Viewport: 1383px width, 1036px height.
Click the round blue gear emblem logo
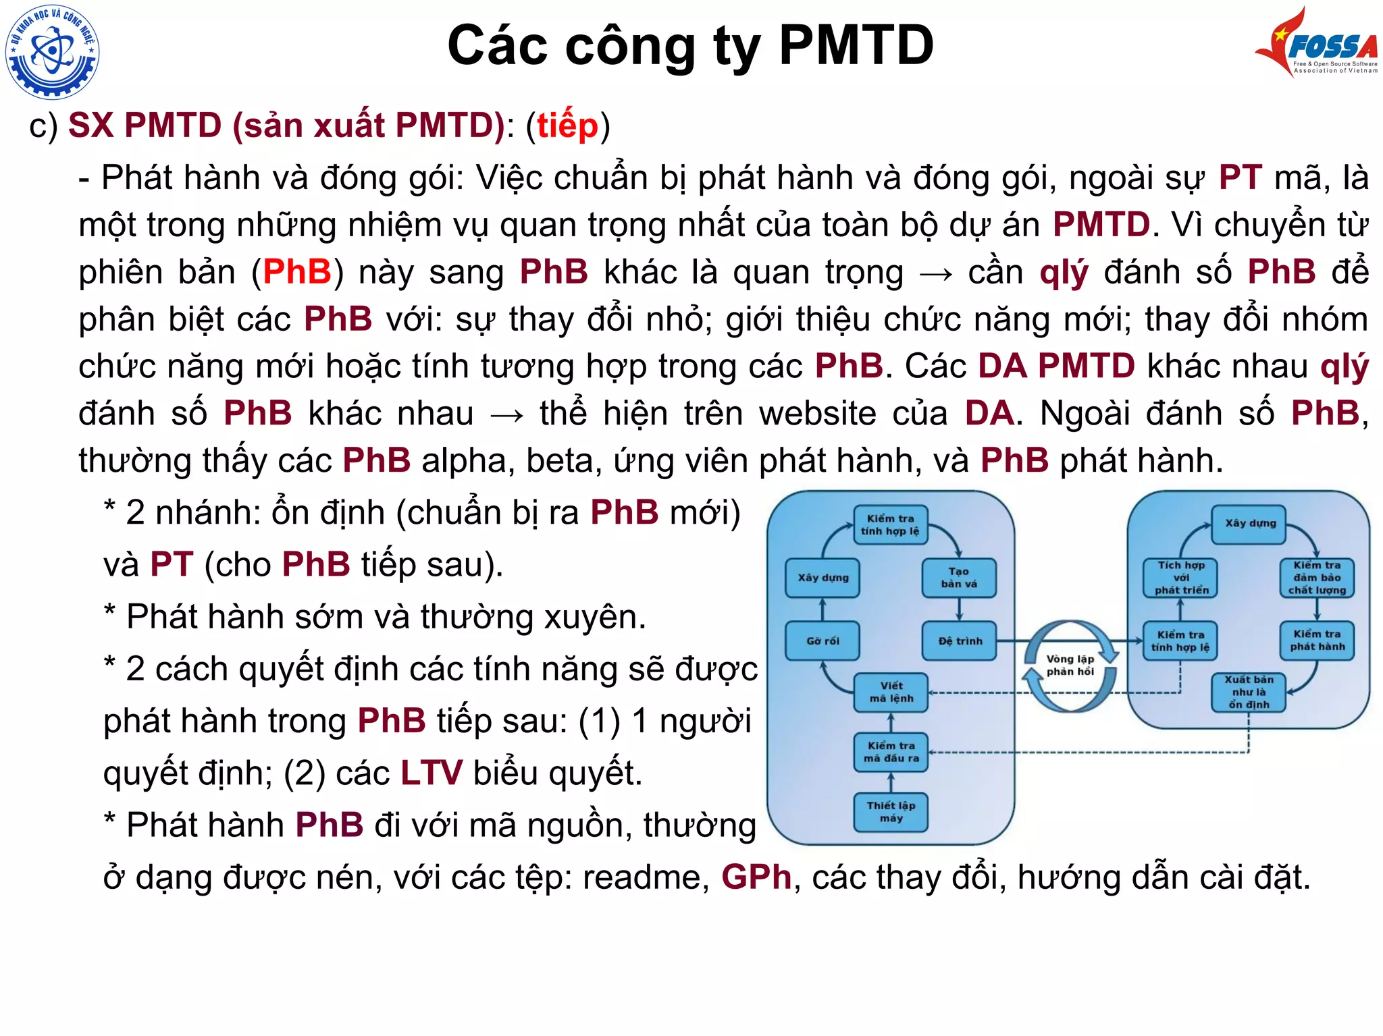pyautogui.click(x=52, y=51)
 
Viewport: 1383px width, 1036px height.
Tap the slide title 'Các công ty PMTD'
pyautogui.click(x=690, y=46)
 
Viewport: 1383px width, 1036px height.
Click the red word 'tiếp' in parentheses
pyautogui.click(x=567, y=126)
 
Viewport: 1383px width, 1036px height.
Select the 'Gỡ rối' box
pyautogui.click(x=822, y=641)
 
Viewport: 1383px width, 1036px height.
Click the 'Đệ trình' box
pyautogui.click(x=960, y=641)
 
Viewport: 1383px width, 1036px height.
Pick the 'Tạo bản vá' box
pyautogui.click(x=959, y=578)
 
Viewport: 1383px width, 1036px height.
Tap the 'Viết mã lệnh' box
pyautogui.click(x=891, y=692)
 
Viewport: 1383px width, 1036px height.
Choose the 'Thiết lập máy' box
pyautogui.click(x=891, y=812)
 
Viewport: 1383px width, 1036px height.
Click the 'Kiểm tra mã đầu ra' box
pyautogui.click(x=891, y=752)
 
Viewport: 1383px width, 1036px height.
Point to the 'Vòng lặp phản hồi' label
pyautogui.click(x=1070, y=665)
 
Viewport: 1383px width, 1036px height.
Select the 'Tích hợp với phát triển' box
pyautogui.click(x=1180, y=578)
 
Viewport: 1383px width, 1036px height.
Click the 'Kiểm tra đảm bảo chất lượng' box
pyautogui.click(x=1317, y=578)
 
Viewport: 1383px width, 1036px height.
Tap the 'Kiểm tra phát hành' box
pyautogui.click(x=1317, y=640)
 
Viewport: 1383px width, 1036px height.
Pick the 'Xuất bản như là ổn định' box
pyautogui.click(x=1249, y=692)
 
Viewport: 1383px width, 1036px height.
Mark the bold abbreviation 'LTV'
pyautogui.click(x=432, y=773)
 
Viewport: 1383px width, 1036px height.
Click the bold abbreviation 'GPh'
pyautogui.click(x=756, y=877)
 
